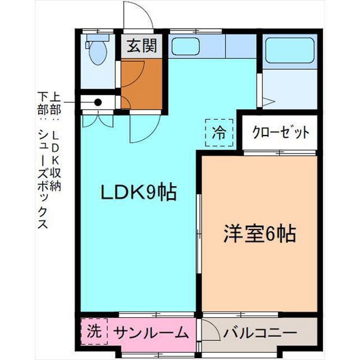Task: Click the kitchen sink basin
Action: (x=185, y=46)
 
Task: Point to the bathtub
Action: (x=289, y=51)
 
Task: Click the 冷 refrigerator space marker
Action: (x=218, y=133)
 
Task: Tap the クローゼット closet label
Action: (x=281, y=133)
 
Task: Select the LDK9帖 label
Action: (x=138, y=192)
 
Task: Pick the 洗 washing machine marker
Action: (x=93, y=330)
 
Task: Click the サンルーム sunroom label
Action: (x=150, y=332)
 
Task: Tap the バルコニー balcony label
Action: (x=259, y=332)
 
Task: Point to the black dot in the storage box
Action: (x=98, y=102)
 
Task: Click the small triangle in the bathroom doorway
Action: (x=268, y=102)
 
